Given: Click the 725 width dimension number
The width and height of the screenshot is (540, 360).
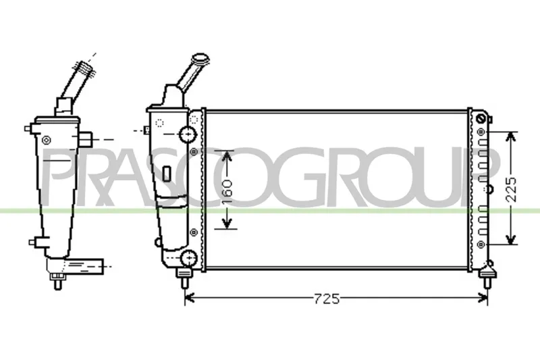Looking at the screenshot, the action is (327, 299).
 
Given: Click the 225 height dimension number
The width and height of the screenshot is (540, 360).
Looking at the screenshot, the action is (511, 189).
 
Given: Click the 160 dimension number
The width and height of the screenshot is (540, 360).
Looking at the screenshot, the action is (227, 189).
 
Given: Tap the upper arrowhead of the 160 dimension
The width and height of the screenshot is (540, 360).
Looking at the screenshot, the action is (227, 156).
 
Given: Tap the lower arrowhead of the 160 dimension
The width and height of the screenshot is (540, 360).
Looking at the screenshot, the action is (227, 224).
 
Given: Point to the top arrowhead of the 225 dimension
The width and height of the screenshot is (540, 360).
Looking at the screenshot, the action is (511, 137).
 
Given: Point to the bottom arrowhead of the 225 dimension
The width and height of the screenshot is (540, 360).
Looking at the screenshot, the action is (511, 238).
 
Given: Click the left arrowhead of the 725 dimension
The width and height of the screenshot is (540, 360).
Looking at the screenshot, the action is (190, 299).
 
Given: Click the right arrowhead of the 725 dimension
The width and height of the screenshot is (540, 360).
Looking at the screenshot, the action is (482, 299).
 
